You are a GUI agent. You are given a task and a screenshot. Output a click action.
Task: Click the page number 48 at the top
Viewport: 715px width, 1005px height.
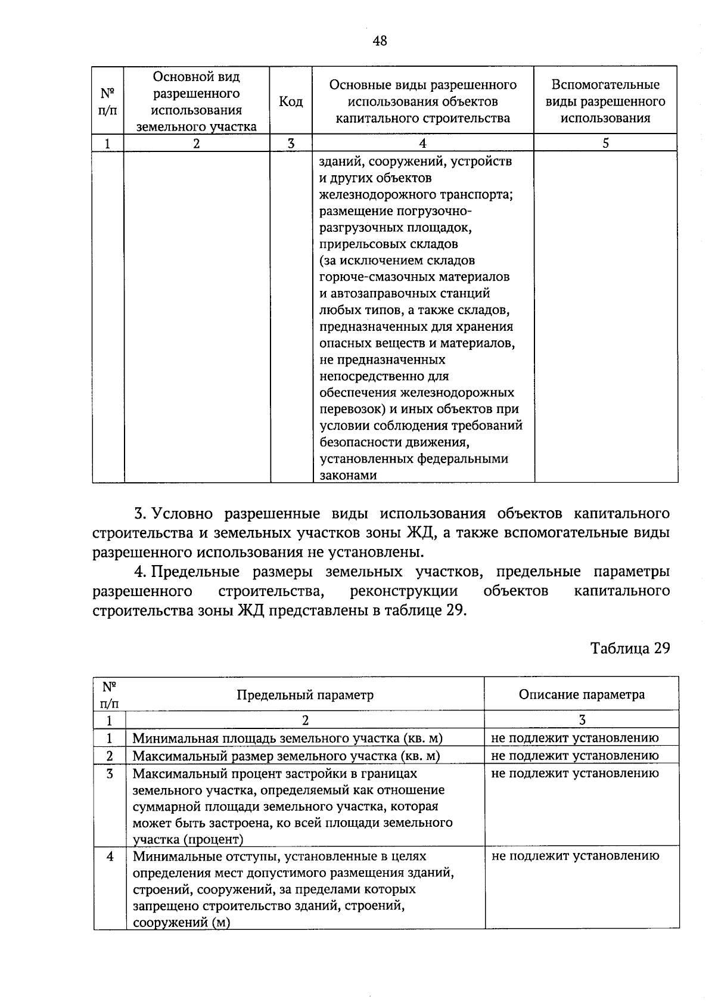pos(380,41)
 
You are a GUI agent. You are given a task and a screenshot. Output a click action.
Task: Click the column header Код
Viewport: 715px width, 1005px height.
pos(291,102)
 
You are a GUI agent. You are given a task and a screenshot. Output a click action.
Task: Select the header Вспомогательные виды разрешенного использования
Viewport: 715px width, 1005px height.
pos(605,101)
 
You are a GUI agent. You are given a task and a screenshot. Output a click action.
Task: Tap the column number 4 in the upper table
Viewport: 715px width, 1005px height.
pos(422,143)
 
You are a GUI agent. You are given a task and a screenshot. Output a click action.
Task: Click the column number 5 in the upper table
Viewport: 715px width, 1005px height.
pos(605,143)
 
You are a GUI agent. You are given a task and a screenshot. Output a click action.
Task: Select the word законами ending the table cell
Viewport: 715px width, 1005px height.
pos(349,475)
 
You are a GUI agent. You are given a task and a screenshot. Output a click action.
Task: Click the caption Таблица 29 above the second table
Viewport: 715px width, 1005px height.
pos(630,648)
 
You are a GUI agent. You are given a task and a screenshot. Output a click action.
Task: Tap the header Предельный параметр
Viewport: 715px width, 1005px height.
pos(305,694)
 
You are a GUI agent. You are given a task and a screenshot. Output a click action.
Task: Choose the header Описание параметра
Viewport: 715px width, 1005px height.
pos(582,694)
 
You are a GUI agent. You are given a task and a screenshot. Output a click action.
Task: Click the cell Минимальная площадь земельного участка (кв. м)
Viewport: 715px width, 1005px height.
pos(288,739)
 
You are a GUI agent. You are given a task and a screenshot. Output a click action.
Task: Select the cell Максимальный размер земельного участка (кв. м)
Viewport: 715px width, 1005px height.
pos(286,756)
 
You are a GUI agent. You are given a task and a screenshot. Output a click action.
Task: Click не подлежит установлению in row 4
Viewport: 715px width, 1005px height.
pos(576,856)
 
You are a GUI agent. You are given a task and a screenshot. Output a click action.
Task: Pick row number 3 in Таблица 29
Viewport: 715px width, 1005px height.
pos(109,774)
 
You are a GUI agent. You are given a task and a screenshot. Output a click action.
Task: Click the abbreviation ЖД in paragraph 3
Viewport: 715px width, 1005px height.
pos(424,533)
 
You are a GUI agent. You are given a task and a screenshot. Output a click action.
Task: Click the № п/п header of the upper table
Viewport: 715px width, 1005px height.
pos(107,102)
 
